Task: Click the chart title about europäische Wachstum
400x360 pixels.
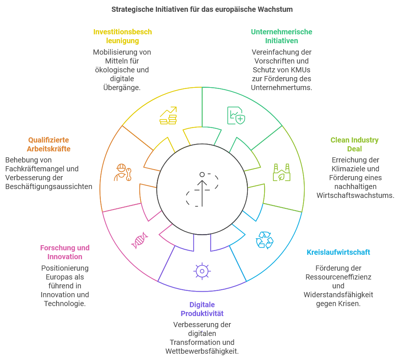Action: (x=202, y=10)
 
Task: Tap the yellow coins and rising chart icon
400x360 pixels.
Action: (x=168, y=116)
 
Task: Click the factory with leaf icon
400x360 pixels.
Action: (x=281, y=172)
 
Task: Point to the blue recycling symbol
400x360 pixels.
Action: (x=264, y=240)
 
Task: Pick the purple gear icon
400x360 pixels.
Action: (x=202, y=271)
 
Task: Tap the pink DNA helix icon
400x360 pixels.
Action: (x=139, y=240)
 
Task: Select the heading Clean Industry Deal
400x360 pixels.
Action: (x=354, y=144)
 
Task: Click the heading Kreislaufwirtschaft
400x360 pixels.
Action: (x=338, y=252)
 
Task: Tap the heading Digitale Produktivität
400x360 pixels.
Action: (x=202, y=309)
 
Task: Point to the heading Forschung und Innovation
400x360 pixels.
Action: (x=65, y=252)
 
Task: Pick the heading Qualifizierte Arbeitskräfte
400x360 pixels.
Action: (x=48, y=144)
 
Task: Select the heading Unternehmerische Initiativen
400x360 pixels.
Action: (x=281, y=36)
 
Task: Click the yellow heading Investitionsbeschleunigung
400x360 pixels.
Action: (x=122, y=36)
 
